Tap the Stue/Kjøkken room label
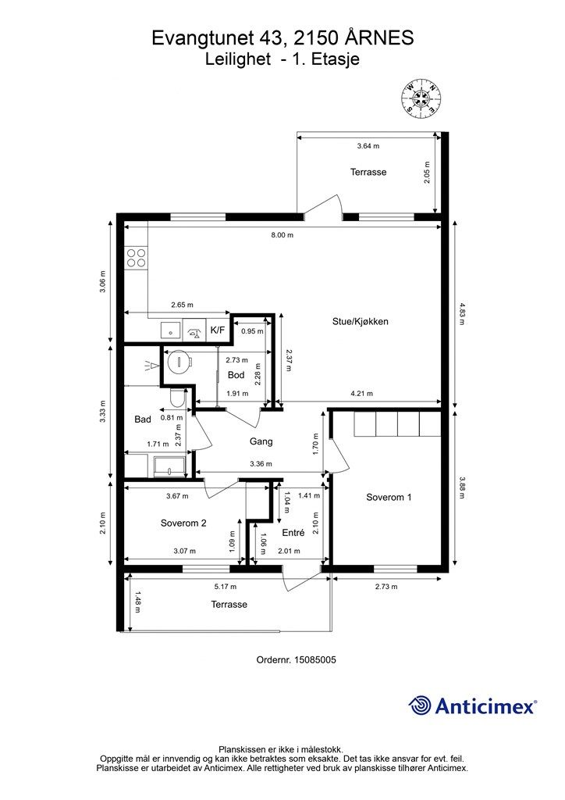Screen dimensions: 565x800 (x=361, y=321)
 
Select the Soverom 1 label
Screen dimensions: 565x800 (x=389, y=498)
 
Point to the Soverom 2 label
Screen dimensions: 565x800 (x=183, y=523)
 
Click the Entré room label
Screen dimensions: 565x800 (x=293, y=533)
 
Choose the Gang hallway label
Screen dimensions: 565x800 (x=261, y=442)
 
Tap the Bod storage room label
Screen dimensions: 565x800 (x=236, y=375)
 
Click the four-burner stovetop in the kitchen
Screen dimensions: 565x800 (x=136, y=258)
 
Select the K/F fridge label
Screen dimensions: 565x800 (x=218, y=330)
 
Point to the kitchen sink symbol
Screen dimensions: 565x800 (x=170, y=330)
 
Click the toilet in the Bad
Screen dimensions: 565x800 (x=177, y=398)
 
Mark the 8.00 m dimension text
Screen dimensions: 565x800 (x=282, y=235)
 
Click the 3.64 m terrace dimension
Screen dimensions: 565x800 (x=368, y=146)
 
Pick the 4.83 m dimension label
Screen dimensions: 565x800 (x=462, y=314)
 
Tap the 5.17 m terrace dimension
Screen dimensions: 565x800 (x=226, y=587)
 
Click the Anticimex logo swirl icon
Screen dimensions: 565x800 (x=420, y=705)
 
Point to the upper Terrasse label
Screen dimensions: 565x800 (x=368, y=172)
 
